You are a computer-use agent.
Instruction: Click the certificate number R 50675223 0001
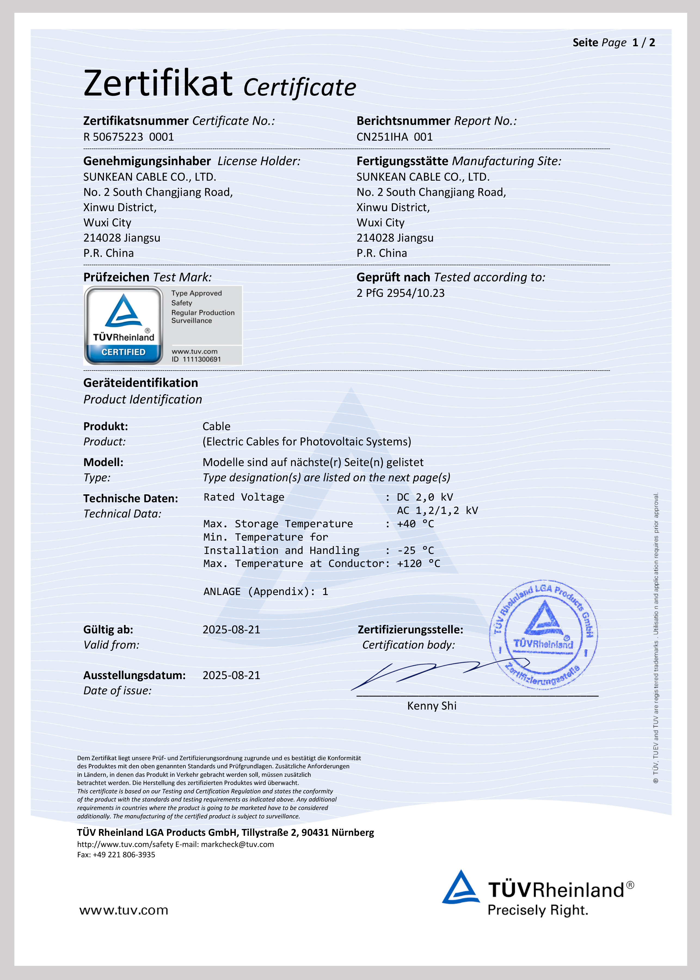(x=128, y=137)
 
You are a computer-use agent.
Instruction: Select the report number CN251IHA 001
(x=394, y=137)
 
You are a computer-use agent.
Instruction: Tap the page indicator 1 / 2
(x=644, y=43)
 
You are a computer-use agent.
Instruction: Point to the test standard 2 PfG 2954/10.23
(x=400, y=293)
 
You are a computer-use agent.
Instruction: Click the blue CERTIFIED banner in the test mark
(x=123, y=352)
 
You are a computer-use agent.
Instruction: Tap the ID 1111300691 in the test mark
(x=196, y=359)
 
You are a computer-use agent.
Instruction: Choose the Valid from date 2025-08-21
(x=231, y=630)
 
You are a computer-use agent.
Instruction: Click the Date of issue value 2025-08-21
(x=231, y=676)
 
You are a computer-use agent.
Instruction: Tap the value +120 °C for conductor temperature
(x=418, y=564)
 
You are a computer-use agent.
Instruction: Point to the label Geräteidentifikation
(x=140, y=383)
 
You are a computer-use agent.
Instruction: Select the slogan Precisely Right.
(x=538, y=910)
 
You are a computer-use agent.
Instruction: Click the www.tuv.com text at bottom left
(x=124, y=910)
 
